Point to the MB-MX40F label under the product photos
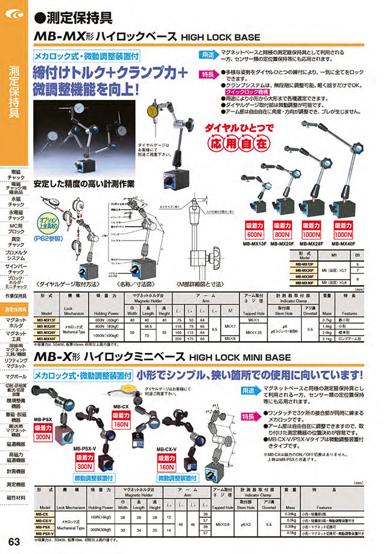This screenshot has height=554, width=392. (349, 244)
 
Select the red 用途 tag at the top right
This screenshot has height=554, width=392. (207, 54)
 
